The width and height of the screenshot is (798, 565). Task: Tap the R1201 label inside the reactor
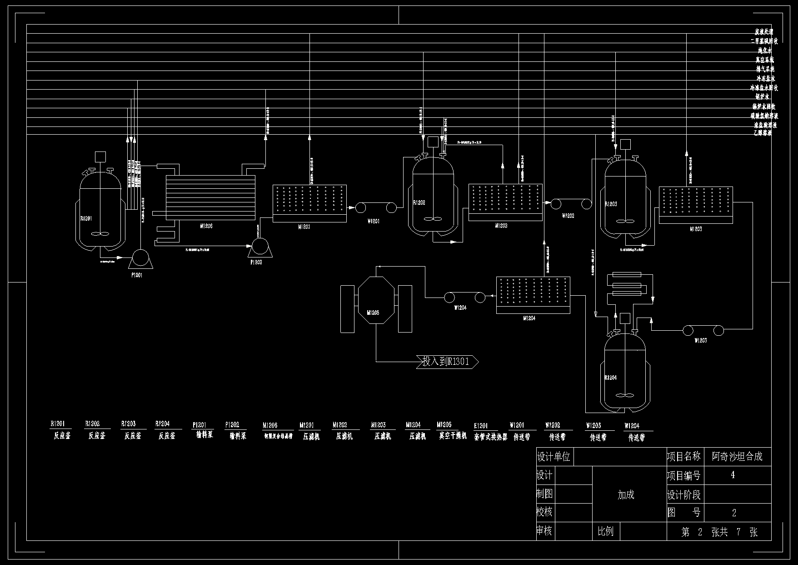pyautogui.click(x=86, y=218)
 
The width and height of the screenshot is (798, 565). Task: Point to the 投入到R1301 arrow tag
pyautogui.click(x=447, y=362)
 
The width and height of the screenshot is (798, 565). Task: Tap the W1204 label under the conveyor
pyautogui.click(x=460, y=308)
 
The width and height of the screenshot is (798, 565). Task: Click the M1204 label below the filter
pyautogui.click(x=529, y=318)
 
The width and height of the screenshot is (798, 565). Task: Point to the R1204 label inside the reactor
pyautogui.click(x=610, y=378)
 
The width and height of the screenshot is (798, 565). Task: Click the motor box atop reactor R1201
pyautogui.click(x=100, y=156)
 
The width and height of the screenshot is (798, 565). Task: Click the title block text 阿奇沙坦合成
pyautogui.click(x=737, y=456)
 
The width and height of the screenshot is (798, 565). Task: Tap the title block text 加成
pyautogui.click(x=626, y=495)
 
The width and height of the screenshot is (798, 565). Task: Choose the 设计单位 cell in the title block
pyautogui.click(x=554, y=456)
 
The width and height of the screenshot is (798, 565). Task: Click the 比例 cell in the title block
pyautogui.click(x=605, y=531)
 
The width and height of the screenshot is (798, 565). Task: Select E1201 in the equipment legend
pyautogui.click(x=481, y=426)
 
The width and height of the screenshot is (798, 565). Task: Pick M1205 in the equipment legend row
pyautogui.click(x=444, y=425)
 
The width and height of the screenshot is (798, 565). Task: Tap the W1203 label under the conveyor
pyautogui.click(x=701, y=341)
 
